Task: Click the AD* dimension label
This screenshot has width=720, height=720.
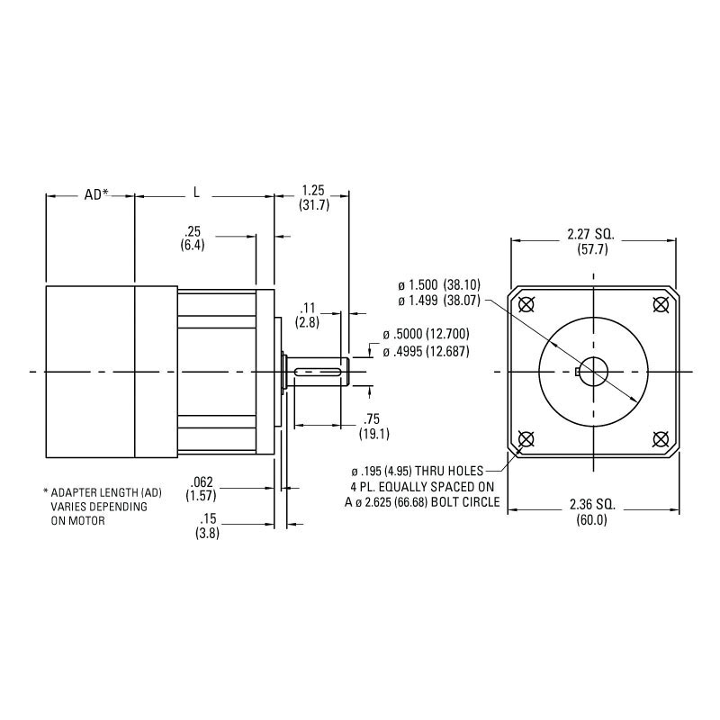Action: pyautogui.click(x=95, y=194)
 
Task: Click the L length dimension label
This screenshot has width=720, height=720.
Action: pyautogui.click(x=197, y=193)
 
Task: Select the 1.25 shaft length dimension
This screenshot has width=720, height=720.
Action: pyautogui.click(x=312, y=190)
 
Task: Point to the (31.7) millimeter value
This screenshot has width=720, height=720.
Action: pyautogui.click(x=313, y=205)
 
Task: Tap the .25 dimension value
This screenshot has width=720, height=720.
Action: pyautogui.click(x=192, y=230)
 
